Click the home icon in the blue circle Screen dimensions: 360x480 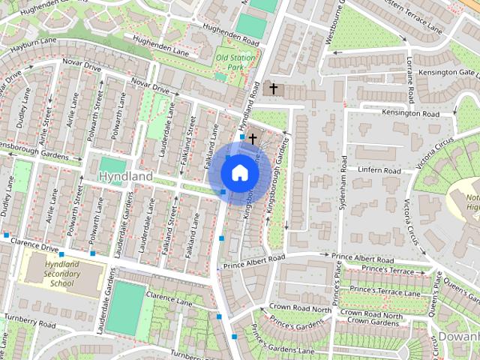click(239, 172)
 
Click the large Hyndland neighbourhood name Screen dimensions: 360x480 click(126, 176)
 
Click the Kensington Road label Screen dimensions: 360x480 click(409, 112)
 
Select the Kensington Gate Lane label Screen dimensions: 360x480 click(447, 72)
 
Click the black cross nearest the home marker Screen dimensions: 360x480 click(253, 139)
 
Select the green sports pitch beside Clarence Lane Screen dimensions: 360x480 click(125, 308)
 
